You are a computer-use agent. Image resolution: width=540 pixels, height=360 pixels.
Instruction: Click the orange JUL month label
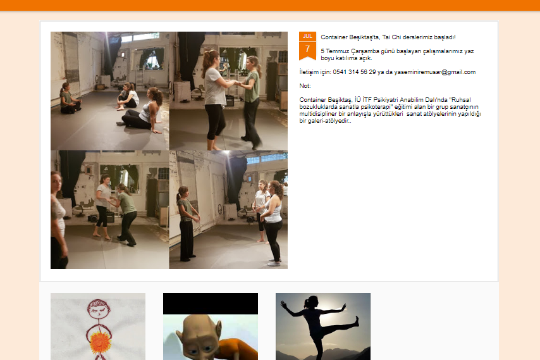307,36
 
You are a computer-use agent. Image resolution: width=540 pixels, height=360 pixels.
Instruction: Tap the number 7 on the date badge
307,49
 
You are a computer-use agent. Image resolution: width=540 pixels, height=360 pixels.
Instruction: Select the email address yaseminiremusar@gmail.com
434,72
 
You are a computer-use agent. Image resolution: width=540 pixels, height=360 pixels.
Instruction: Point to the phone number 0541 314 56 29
354,72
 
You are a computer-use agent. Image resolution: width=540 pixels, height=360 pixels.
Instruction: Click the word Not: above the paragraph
305,86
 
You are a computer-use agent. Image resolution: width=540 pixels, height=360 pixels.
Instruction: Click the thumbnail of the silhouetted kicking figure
323,326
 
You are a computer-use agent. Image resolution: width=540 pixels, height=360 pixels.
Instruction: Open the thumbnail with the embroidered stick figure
98,326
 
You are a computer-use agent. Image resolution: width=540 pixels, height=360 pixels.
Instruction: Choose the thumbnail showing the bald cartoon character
211,326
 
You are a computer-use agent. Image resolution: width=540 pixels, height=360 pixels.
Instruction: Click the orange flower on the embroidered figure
100,342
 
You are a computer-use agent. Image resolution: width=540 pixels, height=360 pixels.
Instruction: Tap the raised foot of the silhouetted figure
357,321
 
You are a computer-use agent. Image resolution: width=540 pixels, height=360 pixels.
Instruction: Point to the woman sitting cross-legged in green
70,99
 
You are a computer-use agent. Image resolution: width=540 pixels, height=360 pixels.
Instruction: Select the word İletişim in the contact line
309,72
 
